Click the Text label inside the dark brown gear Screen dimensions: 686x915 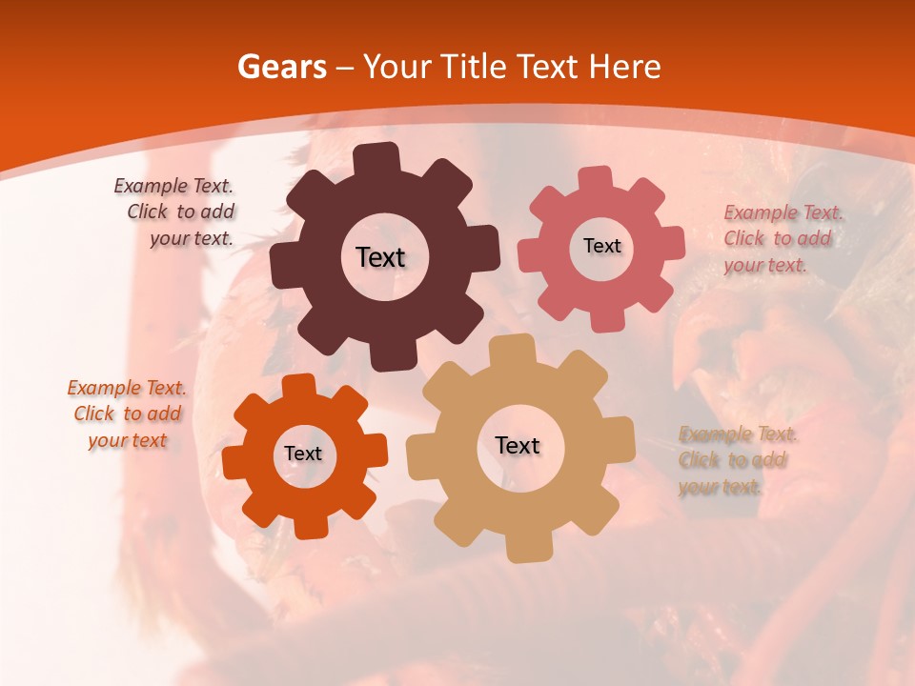point(380,257)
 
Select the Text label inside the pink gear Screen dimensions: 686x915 point(601,246)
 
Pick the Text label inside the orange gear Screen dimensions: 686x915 point(303,454)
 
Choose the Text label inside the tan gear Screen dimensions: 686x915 point(518,445)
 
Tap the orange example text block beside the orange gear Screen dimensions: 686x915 point(127,414)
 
